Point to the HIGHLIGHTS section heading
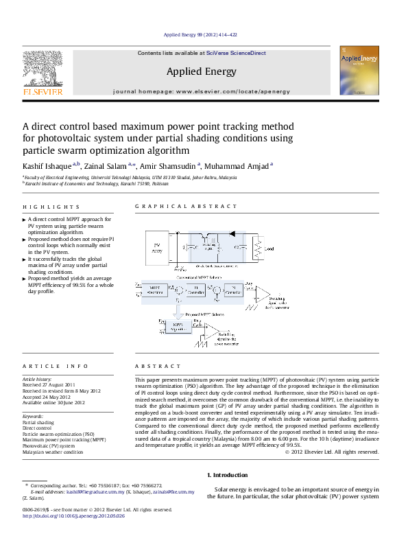pos(51,207)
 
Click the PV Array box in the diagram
pos(157,248)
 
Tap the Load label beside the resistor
pos(269,249)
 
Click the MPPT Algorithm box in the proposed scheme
pos(178,326)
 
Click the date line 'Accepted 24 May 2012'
pos(47,397)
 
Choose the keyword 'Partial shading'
pos(38,422)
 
